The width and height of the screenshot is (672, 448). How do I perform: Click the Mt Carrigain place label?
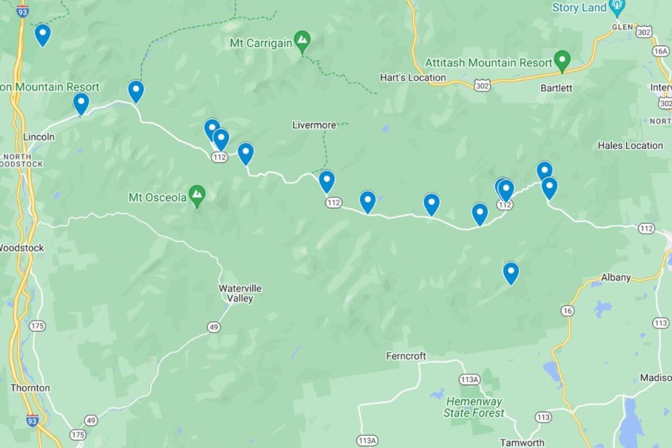tap(261, 43)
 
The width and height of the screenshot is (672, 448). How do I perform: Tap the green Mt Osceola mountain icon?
tap(197, 194)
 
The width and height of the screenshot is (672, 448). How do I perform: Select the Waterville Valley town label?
tap(240, 293)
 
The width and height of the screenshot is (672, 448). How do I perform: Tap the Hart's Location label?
tap(413, 77)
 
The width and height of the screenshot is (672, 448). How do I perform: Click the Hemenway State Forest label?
tap(474, 407)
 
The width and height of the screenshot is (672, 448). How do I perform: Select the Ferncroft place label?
tap(406, 356)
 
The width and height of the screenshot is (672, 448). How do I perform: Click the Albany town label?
tap(616, 277)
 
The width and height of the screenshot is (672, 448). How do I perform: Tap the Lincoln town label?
tap(39, 136)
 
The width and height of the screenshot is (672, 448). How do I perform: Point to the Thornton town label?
tap(30, 388)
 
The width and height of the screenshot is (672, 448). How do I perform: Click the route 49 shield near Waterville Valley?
tap(214, 327)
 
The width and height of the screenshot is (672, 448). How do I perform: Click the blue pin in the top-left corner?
tap(43, 33)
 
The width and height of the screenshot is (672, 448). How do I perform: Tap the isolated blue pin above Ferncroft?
tap(511, 272)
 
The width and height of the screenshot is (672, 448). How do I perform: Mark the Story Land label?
tap(578, 8)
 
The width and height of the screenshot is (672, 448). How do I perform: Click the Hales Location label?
tap(630, 146)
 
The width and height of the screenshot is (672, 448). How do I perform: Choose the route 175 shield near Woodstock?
tap(37, 326)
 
